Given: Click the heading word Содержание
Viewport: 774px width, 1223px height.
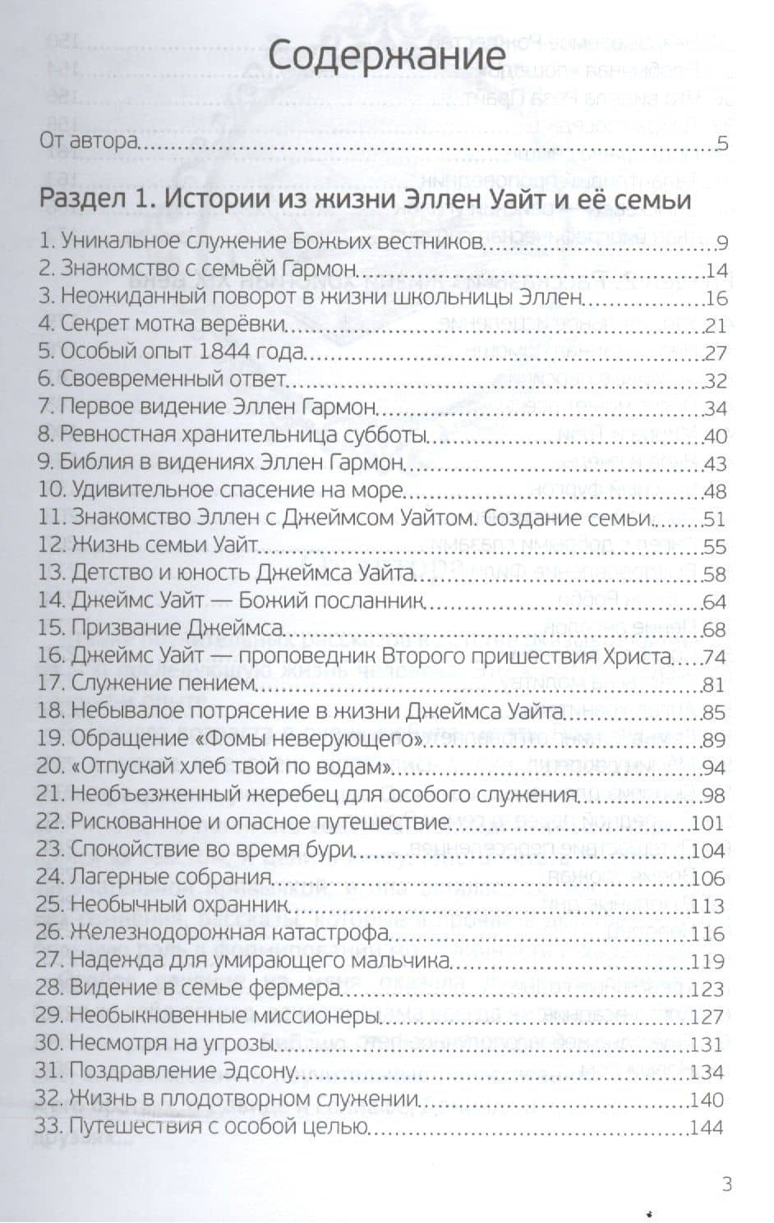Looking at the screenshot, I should [386, 59].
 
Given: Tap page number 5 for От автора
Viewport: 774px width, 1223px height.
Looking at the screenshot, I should [723, 143].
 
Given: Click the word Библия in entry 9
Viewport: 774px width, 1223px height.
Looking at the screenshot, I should [89, 463].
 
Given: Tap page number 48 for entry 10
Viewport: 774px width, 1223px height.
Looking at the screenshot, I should [716, 491].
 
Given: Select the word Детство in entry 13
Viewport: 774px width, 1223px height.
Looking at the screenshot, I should [104, 574].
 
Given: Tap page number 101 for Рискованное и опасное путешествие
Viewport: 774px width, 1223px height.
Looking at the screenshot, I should [709, 823].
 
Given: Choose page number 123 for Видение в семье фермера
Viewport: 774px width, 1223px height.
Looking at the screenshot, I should [709, 989].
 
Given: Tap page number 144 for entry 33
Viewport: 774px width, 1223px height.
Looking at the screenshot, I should [708, 1127].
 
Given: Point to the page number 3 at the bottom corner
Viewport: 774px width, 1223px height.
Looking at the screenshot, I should [726, 1184].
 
